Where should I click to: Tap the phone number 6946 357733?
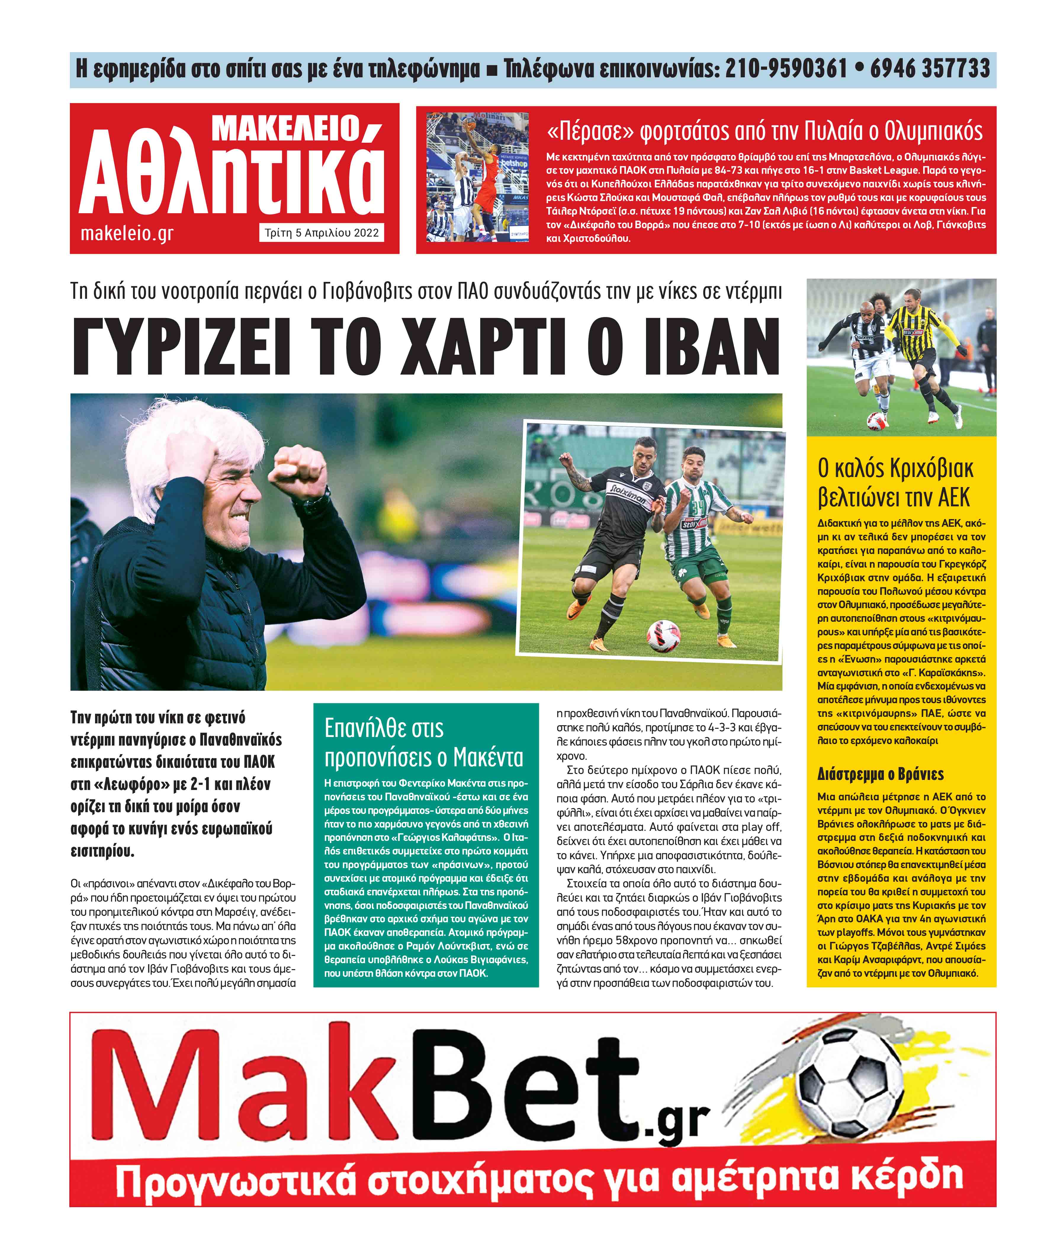pyautogui.click(x=929, y=69)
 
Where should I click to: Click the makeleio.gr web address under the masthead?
pyautogui.click(x=127, y=233)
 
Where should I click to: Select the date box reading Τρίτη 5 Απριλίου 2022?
pyautogui.click(x=322, y=233)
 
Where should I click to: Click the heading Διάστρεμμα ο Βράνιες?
pyautogui.click(x=880, y=774)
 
